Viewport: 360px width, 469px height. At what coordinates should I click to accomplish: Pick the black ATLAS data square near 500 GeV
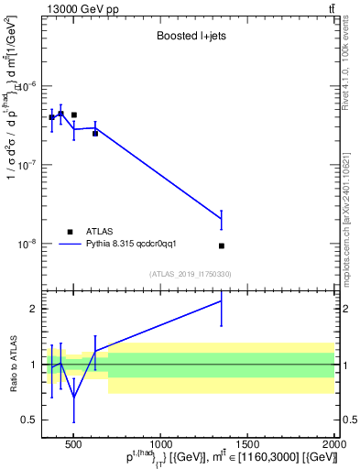[73, 115]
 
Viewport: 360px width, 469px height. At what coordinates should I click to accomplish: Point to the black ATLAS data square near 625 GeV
[95, 133]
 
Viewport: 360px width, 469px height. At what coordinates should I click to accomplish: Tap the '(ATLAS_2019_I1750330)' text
[190, 274]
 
